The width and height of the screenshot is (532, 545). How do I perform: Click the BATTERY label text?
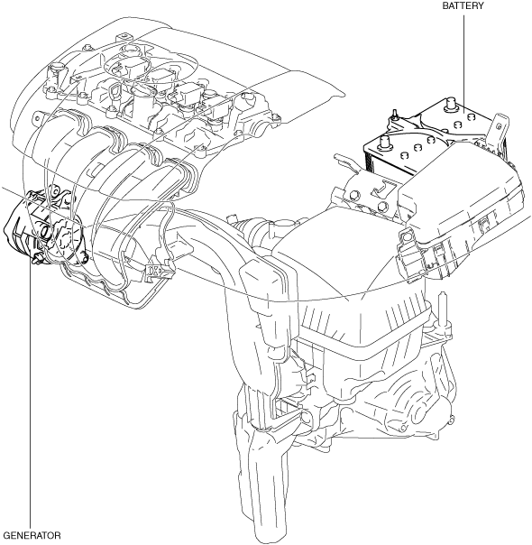[463, 6]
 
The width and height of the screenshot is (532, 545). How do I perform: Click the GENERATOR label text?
[33, 535]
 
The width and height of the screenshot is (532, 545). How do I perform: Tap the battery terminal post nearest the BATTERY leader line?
[450, 103]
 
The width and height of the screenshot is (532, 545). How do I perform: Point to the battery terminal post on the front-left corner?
[384, 143]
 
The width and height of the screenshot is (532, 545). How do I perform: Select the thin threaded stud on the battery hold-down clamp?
[394, 114]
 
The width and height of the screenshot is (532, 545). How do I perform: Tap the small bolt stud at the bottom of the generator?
[37, 259]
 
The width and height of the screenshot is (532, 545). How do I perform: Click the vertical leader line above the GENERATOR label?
[31, 396]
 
